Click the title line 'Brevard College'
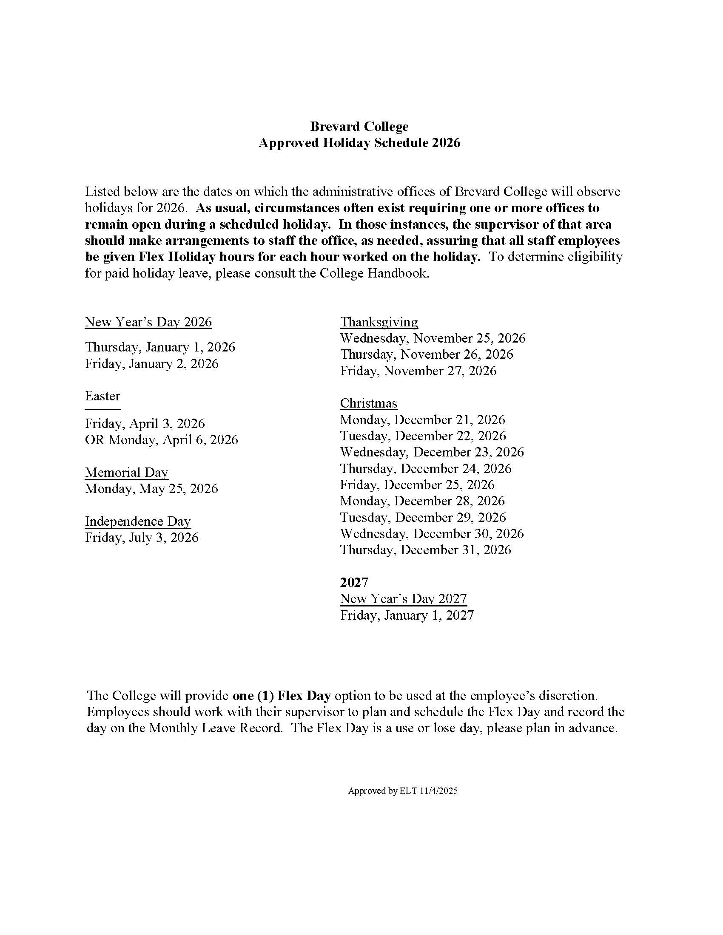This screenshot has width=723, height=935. click(x=359, y=126)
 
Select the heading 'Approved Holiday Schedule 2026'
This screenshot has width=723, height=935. click(x=359, y=142)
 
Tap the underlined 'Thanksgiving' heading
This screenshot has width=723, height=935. click(x=379, y=322)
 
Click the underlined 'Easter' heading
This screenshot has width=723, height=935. click(x=102, y=396)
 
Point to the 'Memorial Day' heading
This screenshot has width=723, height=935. click(x=126, y=472)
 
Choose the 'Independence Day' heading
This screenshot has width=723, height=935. click(x=137, y=521)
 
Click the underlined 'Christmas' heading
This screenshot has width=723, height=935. click(x=368, y=403)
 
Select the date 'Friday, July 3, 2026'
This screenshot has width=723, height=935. click(x=142, y=537)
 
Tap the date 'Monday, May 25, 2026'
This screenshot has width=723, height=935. click(x=151, y=488)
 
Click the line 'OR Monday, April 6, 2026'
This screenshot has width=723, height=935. click(x=161, y=440)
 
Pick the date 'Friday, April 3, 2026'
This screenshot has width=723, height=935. click(x=145, y=423)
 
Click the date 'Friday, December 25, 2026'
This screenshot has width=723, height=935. click(x=417, y=484)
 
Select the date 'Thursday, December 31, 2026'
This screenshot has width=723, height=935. click(x=425, y=550)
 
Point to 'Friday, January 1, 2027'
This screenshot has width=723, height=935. click(x=407, y=615)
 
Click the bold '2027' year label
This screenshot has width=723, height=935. click(x=354, y=582)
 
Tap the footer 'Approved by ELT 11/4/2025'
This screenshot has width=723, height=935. click(x=402, y=791)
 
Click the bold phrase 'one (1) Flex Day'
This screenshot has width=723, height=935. click(x=282, y=696)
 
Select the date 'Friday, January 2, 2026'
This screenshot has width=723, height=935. click(x=151, y=363)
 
